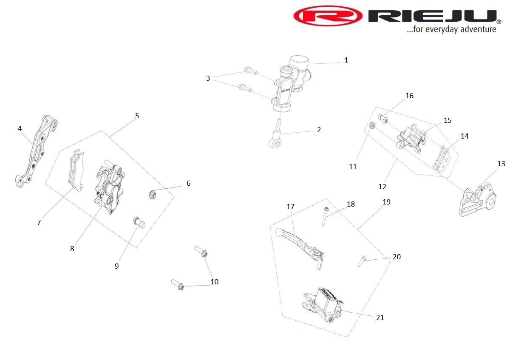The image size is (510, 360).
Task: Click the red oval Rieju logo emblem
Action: [x=328, y=16]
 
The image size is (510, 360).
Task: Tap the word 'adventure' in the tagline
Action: [x=477, y=29]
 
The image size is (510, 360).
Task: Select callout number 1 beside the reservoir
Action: [x=346, y=60]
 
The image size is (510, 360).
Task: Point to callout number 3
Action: [x=208, y=78]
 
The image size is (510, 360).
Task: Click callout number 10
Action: [x=215, y=282]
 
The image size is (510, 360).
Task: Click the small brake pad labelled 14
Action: [x=442, y=160]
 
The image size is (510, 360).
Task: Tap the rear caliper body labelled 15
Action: [x=411, y=136]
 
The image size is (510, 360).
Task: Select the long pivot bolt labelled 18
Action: [x=325, y=215]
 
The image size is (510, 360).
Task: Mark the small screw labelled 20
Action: [x=362, y=260]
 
